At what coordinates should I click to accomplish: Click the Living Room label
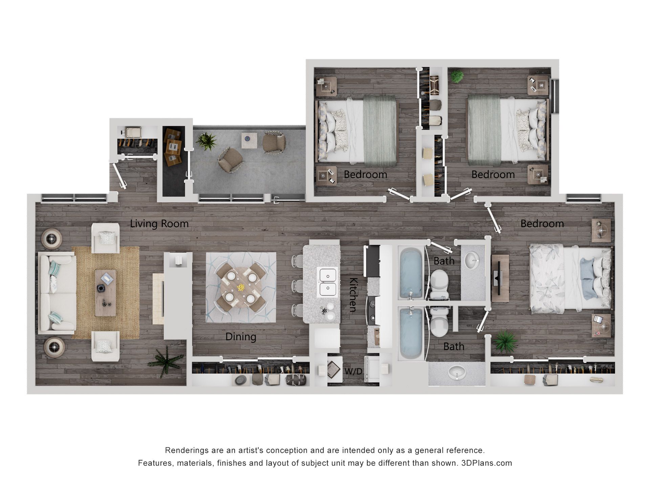[159, 224]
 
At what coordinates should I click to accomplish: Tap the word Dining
[241, 337]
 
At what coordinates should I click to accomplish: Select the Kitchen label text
[353, 294]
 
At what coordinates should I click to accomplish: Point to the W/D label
[353, 371]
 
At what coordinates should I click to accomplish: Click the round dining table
[241, 287]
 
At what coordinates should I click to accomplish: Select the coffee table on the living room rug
[105, 293]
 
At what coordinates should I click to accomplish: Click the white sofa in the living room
[56, 293]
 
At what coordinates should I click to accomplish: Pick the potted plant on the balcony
[206, 141]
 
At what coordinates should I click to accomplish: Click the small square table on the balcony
[249, 140]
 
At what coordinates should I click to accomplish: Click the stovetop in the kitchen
[372, 309]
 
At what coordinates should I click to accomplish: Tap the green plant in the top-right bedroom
[457, 77]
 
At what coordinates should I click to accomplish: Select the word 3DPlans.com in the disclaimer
[486, 463]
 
